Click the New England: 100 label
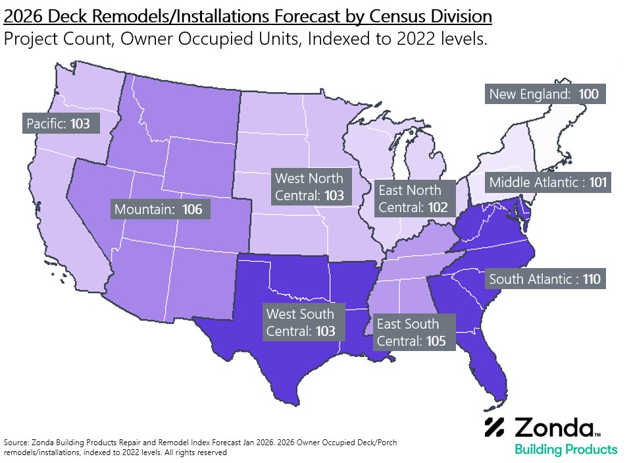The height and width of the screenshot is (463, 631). (544, 94)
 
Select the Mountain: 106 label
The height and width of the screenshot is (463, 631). (160, 209)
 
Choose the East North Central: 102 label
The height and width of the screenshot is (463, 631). (414, 198)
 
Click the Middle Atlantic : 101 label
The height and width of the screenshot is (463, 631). (548, 182)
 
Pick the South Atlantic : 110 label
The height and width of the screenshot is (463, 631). (545, 279)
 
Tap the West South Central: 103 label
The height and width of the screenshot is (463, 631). (301, 322)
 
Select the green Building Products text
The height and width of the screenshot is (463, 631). (565, 450)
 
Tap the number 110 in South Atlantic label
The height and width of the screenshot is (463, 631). (591, 279)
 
